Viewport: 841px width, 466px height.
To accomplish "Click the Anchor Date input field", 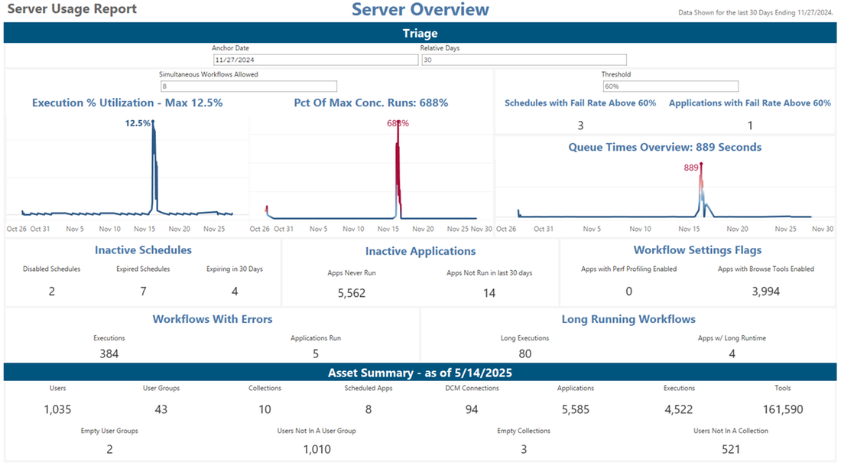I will click(315, 60).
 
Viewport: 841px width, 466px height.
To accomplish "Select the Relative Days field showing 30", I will click(524, 60).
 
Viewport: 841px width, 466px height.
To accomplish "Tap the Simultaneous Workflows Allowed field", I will click(248, 86).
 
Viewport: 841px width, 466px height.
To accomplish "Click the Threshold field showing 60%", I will click(670, 86).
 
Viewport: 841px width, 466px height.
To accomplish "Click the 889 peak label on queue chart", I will click(691, 168).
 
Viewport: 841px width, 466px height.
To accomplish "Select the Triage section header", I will click(420, 33).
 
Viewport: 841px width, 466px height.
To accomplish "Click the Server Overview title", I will click(420, 10).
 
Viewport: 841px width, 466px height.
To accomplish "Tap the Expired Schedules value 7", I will click(143, 292).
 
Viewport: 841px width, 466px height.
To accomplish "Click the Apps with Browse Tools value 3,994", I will click(765, 292).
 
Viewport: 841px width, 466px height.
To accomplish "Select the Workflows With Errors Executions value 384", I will click(109, 354).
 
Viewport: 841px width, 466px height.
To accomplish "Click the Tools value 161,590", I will click(782, 409).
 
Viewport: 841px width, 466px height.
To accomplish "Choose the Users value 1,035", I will click(57, 409).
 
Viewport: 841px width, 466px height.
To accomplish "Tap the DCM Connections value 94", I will click(472, 409).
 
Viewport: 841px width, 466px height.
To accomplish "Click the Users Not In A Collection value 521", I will click(730, 449).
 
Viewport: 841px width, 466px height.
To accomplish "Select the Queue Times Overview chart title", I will click(664, 147).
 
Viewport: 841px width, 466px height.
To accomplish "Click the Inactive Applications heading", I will click(420, 251).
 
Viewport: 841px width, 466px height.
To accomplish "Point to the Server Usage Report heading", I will click(72, 9).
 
